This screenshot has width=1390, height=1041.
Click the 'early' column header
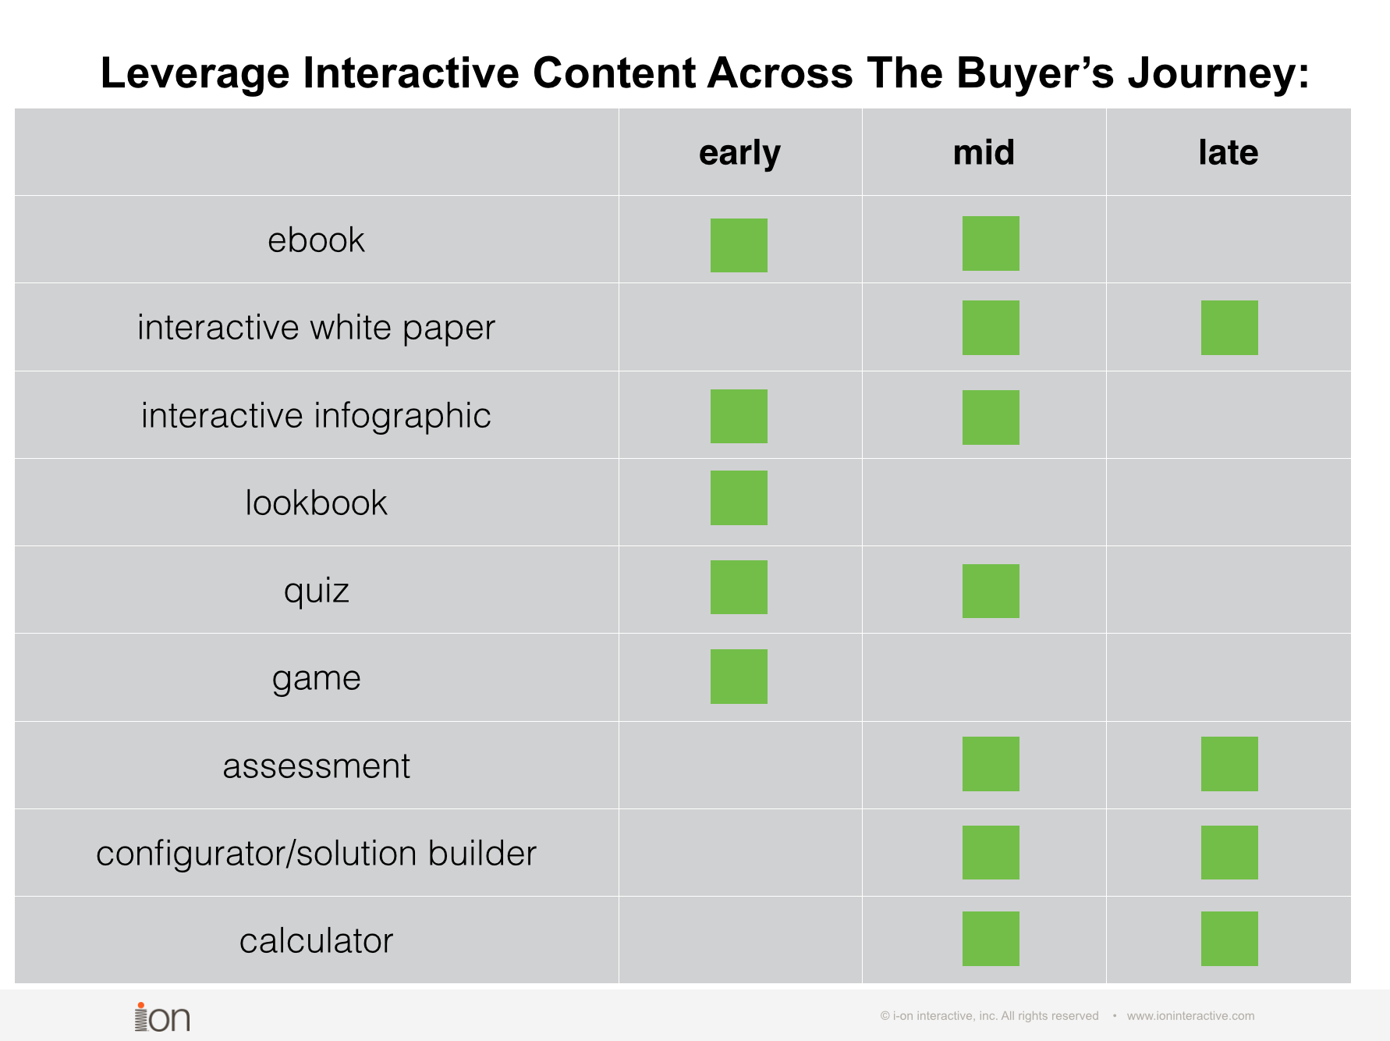(x=739, y=153)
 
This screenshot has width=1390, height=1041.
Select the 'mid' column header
(x=984, y=152)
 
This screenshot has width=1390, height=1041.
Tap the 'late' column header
(x=1228, y=152)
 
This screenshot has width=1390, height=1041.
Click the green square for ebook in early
(x=739, y=245)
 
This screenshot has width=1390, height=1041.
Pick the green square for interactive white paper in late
(x=1229, y=328)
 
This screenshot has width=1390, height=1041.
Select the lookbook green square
(x=739, y=498)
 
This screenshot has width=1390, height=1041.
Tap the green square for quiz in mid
(x=991, y=591)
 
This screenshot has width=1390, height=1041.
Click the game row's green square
(x=739, y=677)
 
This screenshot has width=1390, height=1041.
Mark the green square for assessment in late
(x=1229, y=764)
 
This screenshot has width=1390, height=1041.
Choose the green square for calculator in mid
(x=991, y=939)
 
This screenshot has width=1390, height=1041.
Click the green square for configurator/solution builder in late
(x=1229, y=852)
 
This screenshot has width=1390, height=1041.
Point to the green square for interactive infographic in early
(x=739, y=416)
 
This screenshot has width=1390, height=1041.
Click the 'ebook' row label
(x=316, y=240)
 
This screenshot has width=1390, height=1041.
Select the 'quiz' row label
(x=316, y=591)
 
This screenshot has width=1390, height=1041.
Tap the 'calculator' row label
(x=316, y=941)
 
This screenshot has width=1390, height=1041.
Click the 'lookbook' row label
(x=316, y=503)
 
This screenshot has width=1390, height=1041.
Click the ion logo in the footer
(x=162, y=1018)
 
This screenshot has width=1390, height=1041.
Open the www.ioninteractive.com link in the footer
(x=1190, y=1016)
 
